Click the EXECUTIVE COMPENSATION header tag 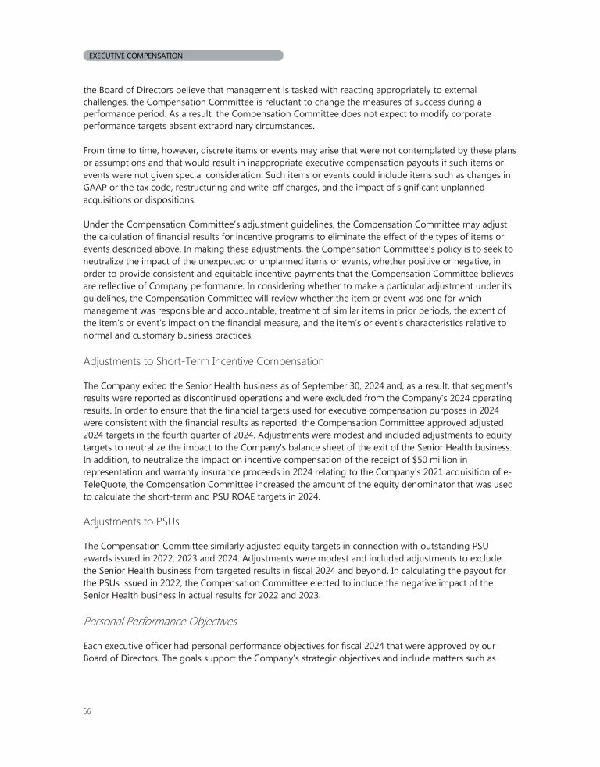click(136, 56)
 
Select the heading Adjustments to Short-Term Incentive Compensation click(203, 361)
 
